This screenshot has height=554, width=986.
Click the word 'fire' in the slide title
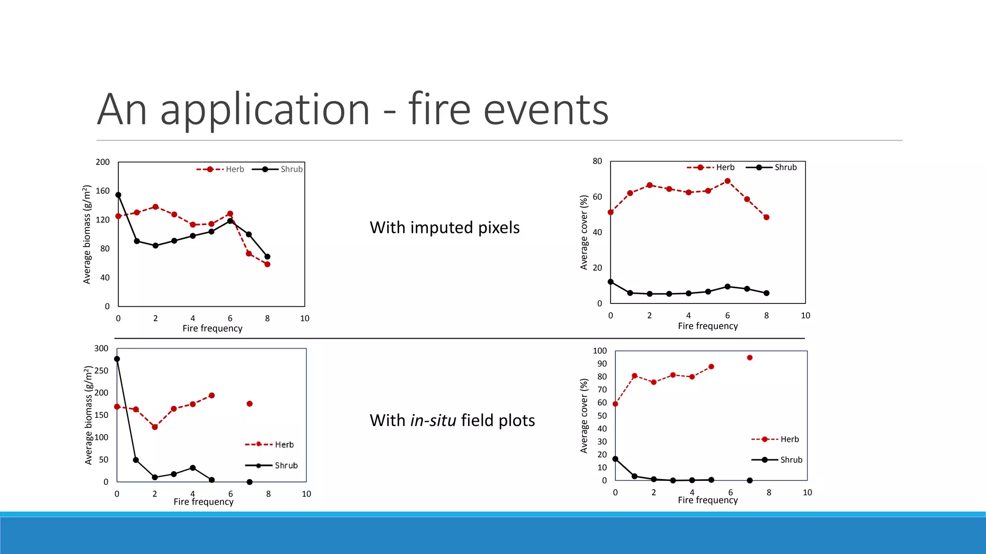[439, 109]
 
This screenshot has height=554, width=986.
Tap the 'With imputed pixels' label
[444, 227]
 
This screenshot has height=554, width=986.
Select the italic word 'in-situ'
[433, 420]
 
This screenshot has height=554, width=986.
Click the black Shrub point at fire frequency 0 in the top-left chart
[118, 195]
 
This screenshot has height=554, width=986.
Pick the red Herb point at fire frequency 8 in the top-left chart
[267, 264]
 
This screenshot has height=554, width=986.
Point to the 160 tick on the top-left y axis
[103, 191]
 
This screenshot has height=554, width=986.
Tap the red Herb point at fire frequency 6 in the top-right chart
[727, 181]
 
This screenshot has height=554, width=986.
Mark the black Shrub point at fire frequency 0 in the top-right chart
[610, 282]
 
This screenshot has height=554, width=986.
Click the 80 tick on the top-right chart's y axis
[597, 161]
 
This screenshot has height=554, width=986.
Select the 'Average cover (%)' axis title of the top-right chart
[584, 232]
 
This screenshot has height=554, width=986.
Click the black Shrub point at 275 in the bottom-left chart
[117, 359]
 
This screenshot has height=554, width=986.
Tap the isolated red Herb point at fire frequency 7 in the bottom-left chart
[249, 404]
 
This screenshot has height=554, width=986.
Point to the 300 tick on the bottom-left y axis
[101, 348]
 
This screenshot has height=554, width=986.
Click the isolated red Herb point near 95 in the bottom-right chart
[750, 358]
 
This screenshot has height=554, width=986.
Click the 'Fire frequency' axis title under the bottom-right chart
[708, 500]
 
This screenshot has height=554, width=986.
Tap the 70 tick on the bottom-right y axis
[602, 390]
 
